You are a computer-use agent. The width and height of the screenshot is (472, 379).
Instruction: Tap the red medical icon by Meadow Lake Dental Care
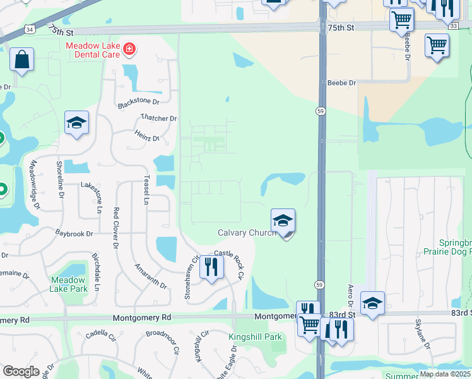pyautogui.click(x=129, y=48)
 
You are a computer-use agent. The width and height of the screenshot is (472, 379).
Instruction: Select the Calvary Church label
pyautogui.click(x=245, y=233)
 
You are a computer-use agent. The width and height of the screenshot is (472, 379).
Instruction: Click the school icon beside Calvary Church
pyautogui.click(x=283, y=221)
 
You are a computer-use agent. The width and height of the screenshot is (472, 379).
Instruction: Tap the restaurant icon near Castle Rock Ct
pyautogui.click(x=211, y=267)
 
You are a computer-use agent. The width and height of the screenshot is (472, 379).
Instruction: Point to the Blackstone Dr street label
pyautogui.click(x=138, y=101)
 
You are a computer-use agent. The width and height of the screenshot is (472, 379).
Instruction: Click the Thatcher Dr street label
pyautogui.click(x=158, y=118)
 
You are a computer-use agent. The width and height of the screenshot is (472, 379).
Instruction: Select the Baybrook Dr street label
pyautogui.click(x=74, y=234)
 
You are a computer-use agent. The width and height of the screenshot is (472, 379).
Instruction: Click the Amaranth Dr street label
pyautogui.click(x=150, y=277)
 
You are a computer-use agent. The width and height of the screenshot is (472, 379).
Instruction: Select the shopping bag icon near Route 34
pyautogui.click(x=21, y=61)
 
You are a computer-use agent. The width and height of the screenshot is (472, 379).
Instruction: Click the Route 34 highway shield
pyautogui.click(x=30, y=29)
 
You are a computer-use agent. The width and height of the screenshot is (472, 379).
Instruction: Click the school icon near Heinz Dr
pyautogui.click(x=76, y=123)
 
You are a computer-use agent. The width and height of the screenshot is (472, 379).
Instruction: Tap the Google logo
pyautogui.click(x=21, y=371)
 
